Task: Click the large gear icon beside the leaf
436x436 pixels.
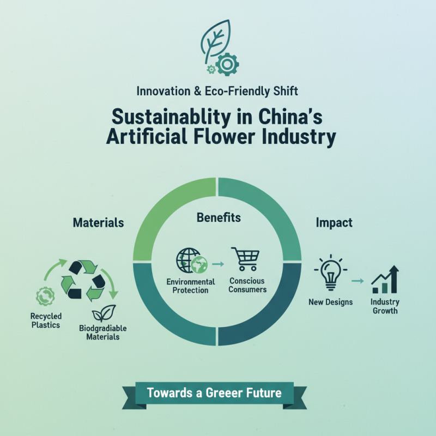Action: click(x=227, y=64)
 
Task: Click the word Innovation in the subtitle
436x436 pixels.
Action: click(x=163, y=91)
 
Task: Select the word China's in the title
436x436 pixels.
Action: click(x=290, y=117)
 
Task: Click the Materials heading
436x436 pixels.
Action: click(x=99, y=222)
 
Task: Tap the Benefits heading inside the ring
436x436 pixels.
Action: click(x=219, y=217)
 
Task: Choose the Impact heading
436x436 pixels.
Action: click(x=334, y=223)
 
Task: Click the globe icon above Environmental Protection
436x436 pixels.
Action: click(x=192, y=261)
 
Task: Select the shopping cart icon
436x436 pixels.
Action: click(x=246, y=259)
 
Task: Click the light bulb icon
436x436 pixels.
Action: click(x=331, y=272)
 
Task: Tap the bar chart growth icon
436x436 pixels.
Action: click(x=385, y=280)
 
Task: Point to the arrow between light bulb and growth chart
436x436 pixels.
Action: click(x=358, y=281)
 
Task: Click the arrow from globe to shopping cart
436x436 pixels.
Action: click(x=218, y=264)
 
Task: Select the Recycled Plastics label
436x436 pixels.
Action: click(x=46, y=320)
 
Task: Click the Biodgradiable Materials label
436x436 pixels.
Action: click(x=103, y=332)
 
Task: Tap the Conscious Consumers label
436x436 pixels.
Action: click(x=247, y=285)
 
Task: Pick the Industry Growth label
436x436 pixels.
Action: click(x=385, y=306)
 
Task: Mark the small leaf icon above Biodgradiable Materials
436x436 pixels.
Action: click(x=104, y=313)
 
